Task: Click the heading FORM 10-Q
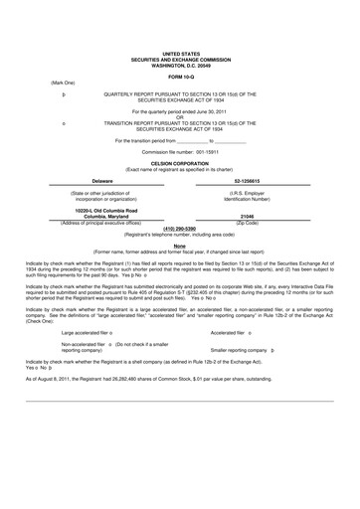tap(180, 77)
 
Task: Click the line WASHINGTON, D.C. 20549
tap(180, 65)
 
